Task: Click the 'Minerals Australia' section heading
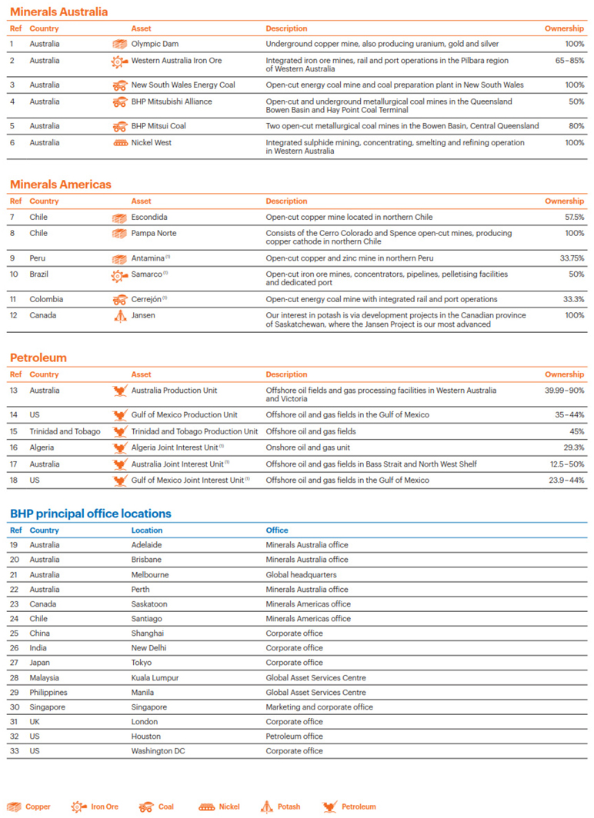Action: tap(58, 12)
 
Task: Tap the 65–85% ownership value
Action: tap(567, 60)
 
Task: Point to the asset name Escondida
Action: tap(149, 218)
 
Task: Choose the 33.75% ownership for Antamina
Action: tap(569, 258)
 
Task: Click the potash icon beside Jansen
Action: tap(120, 315)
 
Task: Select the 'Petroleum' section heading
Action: tap(38, 357)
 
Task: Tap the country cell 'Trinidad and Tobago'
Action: tap(65, 431)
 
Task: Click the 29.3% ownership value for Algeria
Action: tap(573, 447)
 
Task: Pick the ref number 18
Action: tap(14, 480)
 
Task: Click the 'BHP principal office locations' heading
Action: tap(90, 514)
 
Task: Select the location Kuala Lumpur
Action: tap(156, 677)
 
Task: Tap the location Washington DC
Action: tap(158, 750)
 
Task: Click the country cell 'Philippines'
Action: tap(48, 692)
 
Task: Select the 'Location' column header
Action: tap(147, 530)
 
